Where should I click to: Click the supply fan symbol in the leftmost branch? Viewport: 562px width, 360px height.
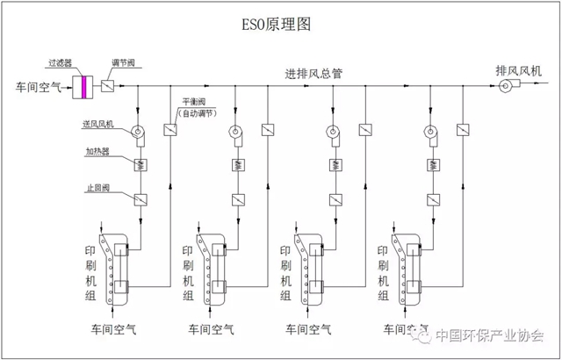pyautogui.click(x=139, y=133)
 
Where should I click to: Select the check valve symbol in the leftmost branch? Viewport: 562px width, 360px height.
pyautogui.click(x=139, y=198)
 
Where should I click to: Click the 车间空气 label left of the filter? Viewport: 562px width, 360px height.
pyautogui.click(x=39, y=87)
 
